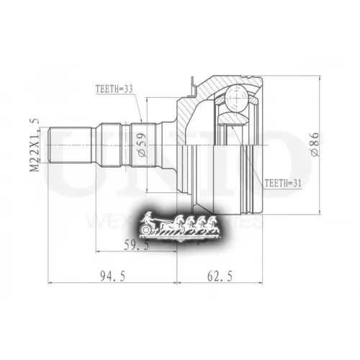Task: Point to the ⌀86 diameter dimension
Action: click(314, 143)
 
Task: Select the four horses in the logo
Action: click(188, 225)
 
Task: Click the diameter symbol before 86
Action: click(314, 153)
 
